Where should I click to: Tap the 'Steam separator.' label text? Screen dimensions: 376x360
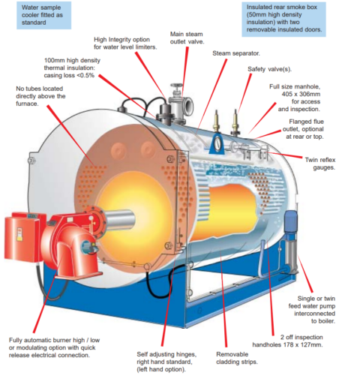coord(236,54)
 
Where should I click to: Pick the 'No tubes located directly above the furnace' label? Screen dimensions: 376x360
coord(40,97)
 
